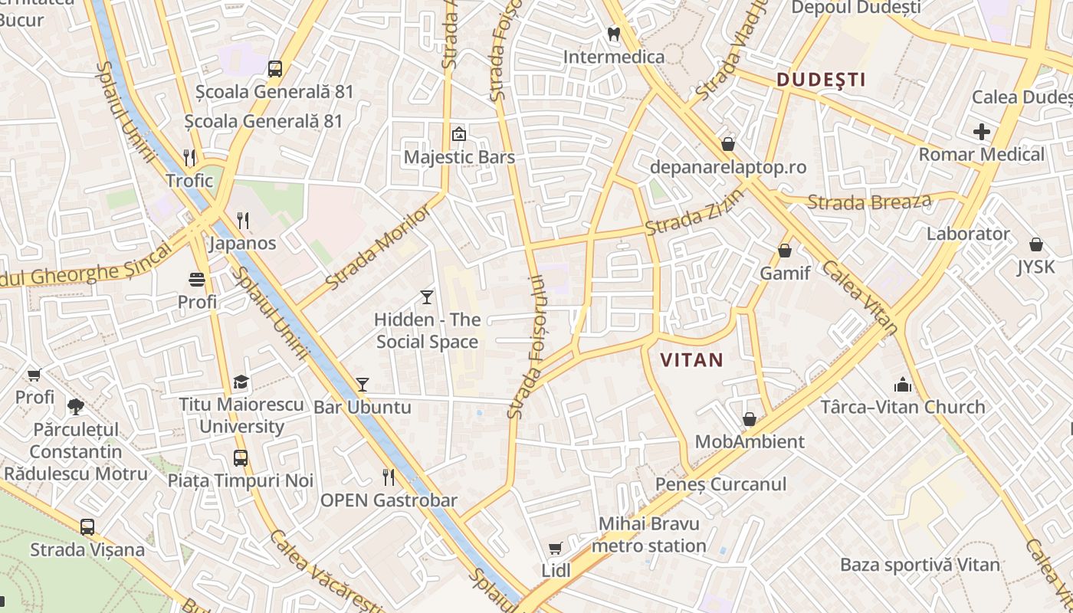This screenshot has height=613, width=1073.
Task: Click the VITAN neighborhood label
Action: [691, 360]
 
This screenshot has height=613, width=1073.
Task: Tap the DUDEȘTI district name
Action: [821, 80]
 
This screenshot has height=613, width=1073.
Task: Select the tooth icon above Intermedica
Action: [613, 34]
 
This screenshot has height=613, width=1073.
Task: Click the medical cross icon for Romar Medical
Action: [981, 132]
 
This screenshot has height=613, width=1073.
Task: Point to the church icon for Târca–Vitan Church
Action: [903, 385]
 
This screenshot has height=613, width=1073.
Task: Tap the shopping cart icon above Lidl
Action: [556, 549]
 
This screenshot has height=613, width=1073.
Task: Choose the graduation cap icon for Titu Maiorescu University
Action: [241, 382]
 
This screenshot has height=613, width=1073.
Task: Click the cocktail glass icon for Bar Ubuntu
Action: [363, 385]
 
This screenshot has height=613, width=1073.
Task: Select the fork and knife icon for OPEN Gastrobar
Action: [389, 477]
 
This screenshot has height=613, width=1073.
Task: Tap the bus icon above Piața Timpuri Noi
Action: [241, 458]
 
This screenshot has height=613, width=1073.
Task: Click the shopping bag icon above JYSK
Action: [1035, 244]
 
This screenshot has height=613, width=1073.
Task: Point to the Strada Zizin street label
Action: [694, 212]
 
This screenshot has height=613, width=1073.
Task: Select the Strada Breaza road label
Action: [869, 202]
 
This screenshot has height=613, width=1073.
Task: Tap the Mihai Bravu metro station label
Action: [649, 535]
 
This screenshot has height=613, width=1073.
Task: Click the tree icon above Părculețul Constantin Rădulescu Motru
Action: [75, 406]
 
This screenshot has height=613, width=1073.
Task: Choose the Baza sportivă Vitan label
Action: [920, 565]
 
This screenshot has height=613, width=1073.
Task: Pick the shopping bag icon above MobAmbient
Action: [750, 419]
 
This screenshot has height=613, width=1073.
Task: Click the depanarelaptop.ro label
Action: [727, 167]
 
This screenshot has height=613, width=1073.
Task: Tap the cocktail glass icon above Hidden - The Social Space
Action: [427, 297]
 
